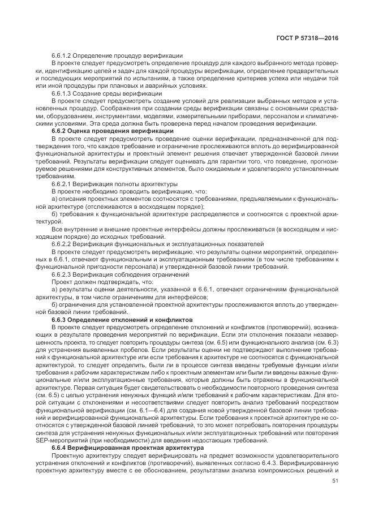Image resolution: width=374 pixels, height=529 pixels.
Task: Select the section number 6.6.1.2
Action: coord(64,55)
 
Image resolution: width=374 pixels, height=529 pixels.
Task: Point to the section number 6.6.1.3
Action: coord(64,93)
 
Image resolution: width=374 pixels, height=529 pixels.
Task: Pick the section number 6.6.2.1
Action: coord(64,184)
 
